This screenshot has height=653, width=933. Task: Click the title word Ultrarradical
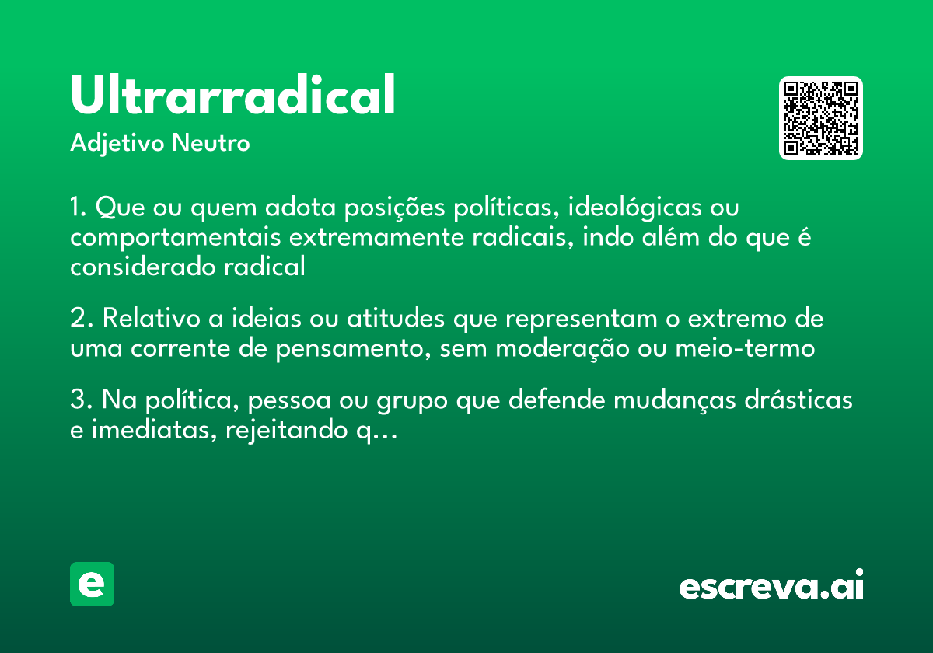(x=232, y=96)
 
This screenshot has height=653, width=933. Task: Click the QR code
(x=820, y=118)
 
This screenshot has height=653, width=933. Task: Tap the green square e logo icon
(x=92, y=584)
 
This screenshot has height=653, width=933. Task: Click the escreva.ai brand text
(x=771, y=585)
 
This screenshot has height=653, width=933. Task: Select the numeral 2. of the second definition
(x=79, y=320)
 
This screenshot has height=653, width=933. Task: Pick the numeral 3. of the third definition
(x=79, y=401)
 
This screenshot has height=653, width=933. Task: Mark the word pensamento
(x=351, y=349)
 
